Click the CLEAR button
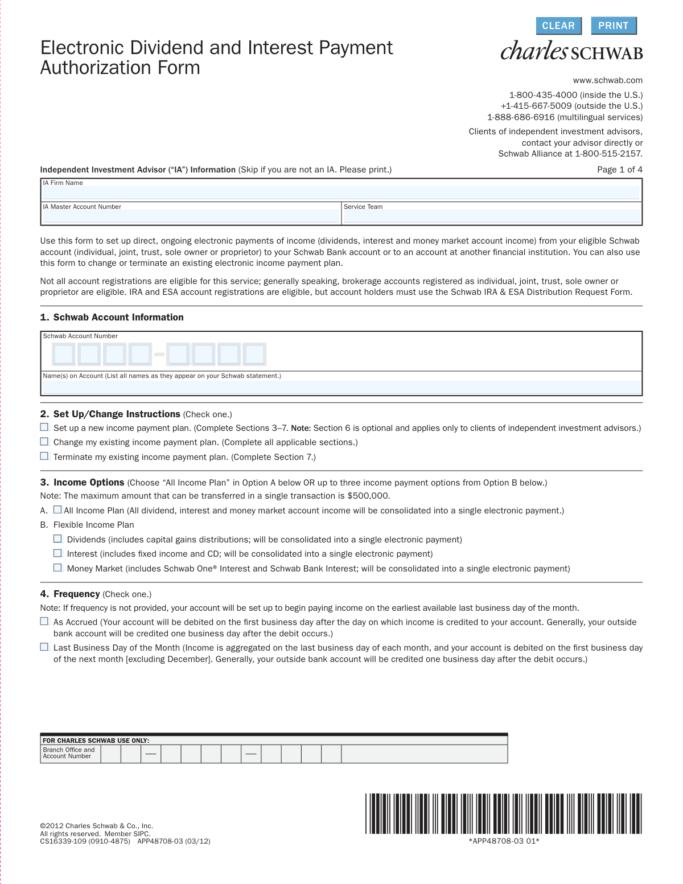[558, 26]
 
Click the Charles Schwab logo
[571, 51]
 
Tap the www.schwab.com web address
[607, 80]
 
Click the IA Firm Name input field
[341, 192]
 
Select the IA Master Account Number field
[191, 216]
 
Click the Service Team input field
[492, 216]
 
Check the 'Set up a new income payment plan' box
[44, 427]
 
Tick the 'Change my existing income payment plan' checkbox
[44, 442]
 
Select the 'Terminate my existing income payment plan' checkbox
[44, 456]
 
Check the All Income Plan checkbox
[57, 510]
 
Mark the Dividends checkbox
[57, 538]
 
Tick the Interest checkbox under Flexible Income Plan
[57, 553]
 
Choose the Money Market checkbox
[57, 568]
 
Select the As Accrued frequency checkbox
[44, 622]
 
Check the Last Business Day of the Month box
[44, 647]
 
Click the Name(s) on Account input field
[341, 387]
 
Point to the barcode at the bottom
[504, 814]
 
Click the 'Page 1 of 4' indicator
[619, 170]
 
